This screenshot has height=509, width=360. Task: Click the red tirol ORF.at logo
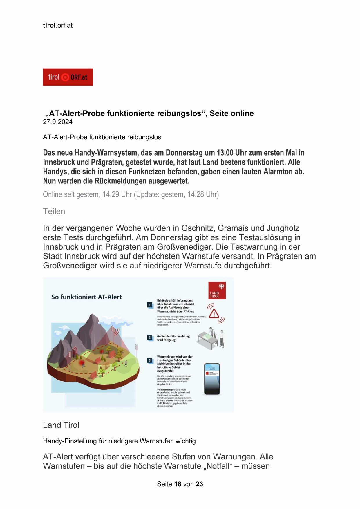(68, 77)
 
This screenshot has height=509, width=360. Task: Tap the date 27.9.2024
(58, 122)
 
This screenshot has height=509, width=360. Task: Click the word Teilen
(54, 211)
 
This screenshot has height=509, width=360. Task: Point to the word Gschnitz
(198, 228)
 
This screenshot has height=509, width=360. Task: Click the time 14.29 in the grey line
(111, 194)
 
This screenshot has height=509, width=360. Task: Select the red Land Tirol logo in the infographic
(217, 290)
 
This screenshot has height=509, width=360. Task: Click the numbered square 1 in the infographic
(150, 305)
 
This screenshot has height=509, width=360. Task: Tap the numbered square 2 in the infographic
(150, 337)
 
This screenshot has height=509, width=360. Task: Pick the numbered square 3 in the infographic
(150, 360)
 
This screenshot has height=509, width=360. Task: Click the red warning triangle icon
(214, 313)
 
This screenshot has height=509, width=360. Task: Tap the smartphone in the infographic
(212, 379)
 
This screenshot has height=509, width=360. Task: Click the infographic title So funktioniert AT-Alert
(86, 297)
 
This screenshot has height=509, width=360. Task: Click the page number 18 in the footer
(178, 484)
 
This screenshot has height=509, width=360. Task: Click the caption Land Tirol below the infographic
(61, 425)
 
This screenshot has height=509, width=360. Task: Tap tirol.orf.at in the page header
(58, 25)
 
